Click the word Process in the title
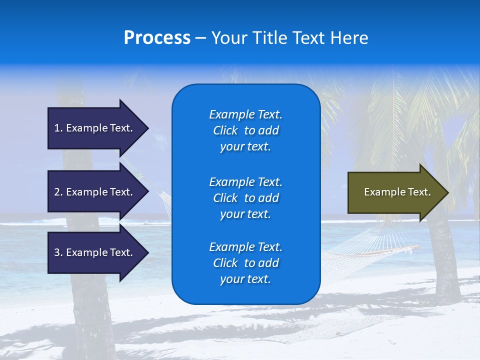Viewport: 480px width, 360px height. click(157, 38)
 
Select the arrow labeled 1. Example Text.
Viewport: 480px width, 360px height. click(95, 128)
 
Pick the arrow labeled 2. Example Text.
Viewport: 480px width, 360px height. click(95, 192)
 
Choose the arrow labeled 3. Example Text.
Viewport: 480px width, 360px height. click(95, 252)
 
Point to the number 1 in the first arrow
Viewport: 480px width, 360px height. click(57, 128)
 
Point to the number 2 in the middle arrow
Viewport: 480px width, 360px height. click(57, 192)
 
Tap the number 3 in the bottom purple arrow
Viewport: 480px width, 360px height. click(57, 252)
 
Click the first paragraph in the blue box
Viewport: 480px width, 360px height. click(245, 130)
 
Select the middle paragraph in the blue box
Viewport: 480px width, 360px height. click(245, 198)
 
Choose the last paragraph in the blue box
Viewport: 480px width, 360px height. click(245, 263)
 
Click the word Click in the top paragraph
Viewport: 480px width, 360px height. click(225, 130)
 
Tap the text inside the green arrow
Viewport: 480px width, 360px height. click(397, 192)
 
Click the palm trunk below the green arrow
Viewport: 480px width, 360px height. click(442, 260)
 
